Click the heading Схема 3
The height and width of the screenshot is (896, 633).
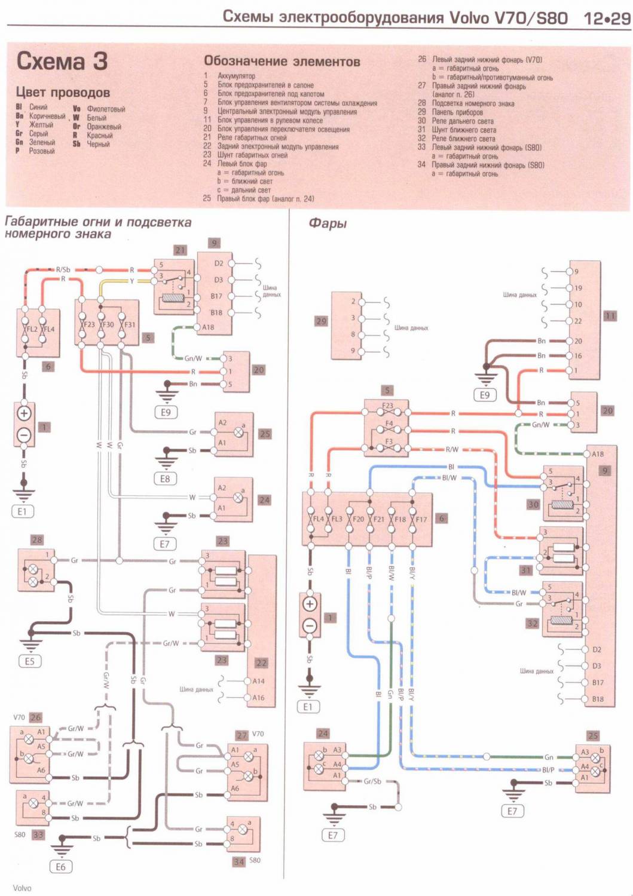click(62, 62)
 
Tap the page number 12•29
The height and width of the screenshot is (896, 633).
click(607, 18)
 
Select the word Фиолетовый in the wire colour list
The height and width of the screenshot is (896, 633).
click(106, 109)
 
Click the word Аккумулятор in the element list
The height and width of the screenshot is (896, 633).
click(236, 76)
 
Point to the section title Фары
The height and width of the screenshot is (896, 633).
click(327, 223)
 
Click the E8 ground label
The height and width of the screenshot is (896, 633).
click(165, 479)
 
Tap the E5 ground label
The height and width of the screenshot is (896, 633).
click(30, 661)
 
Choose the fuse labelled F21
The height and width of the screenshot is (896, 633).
click(371, 519)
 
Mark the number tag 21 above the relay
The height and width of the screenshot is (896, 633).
click(180, 250)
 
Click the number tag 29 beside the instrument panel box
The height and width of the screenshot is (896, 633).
click(322, 321)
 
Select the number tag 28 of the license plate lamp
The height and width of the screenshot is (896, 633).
click(37, 541)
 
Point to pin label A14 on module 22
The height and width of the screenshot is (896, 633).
click(258, 681)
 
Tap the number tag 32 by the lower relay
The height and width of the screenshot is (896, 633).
click(533, 623)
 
